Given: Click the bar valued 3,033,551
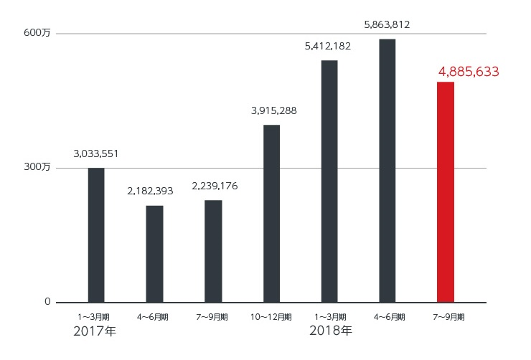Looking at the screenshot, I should pyautogui.click(x=96, y=235).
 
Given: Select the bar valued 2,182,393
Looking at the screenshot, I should pyautogui.click(x=154, y=254).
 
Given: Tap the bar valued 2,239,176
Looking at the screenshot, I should pyautogui.click(x=213, y=251).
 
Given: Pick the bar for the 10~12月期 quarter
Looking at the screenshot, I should pyautogui.click(x=271, y=213).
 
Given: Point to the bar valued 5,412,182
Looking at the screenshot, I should pyautogui.click(x=329, y=181).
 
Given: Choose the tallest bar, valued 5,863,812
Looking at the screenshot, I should pyautogui.click(x=387, y=170).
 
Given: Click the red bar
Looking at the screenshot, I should pyautogui.click(x=446, y=191).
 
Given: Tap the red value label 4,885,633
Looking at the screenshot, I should pyautogui.click(x=469, y=72).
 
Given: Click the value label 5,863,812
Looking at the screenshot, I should pyautogui.click(x=387, y=24).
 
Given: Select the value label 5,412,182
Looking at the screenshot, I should pyautogui.click(x=329, y=47).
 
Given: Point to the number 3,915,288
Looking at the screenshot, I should pyautogui.click(x=273, y=110).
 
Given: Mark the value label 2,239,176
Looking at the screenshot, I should pyautogui.click(x=215, y=186).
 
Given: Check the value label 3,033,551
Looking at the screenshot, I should pyautogui.click(x=96, y=153).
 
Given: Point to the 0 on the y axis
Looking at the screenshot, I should pyautogui.click(x=47, y=302).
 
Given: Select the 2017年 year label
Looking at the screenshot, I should pyautogui.click(x=95, y=331).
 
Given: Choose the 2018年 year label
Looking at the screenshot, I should pyautogui.click(x=331, y=331).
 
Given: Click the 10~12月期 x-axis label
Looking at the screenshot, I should pyautogui.click(x=272, y=316).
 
